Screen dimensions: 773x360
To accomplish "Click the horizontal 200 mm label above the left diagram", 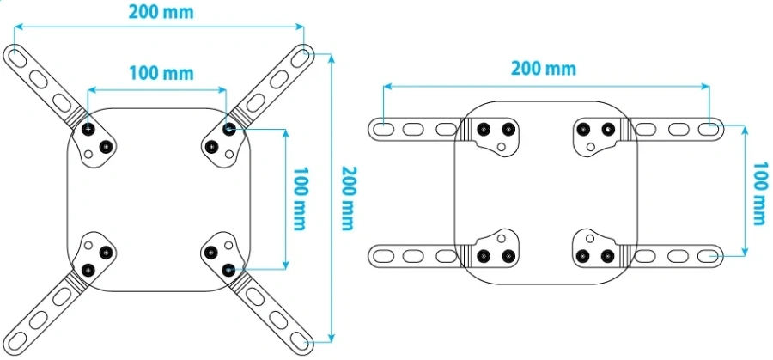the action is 161,12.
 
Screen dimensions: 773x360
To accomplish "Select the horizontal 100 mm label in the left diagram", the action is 161,74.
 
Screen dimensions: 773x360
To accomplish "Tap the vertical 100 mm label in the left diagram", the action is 299,198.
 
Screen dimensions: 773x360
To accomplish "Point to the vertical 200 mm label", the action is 348,198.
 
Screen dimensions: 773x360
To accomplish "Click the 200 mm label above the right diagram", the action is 544,69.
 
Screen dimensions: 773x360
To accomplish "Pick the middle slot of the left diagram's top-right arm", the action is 278,80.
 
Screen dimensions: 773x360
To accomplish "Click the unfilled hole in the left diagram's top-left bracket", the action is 88,154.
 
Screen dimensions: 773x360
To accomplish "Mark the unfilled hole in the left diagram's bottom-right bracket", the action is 228,245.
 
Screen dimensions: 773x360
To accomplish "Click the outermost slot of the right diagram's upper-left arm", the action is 383,129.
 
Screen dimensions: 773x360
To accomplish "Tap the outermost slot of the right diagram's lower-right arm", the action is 708,256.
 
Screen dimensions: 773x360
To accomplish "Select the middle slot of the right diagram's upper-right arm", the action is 677,129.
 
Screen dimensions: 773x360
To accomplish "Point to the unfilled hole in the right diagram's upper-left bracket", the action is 502,146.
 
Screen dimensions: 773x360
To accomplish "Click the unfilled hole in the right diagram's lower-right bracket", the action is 590,239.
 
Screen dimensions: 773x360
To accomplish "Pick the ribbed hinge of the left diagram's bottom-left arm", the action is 77,279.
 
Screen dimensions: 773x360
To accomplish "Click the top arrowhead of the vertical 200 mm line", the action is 332,58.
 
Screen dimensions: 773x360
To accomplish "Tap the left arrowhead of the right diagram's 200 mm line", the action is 388,86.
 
